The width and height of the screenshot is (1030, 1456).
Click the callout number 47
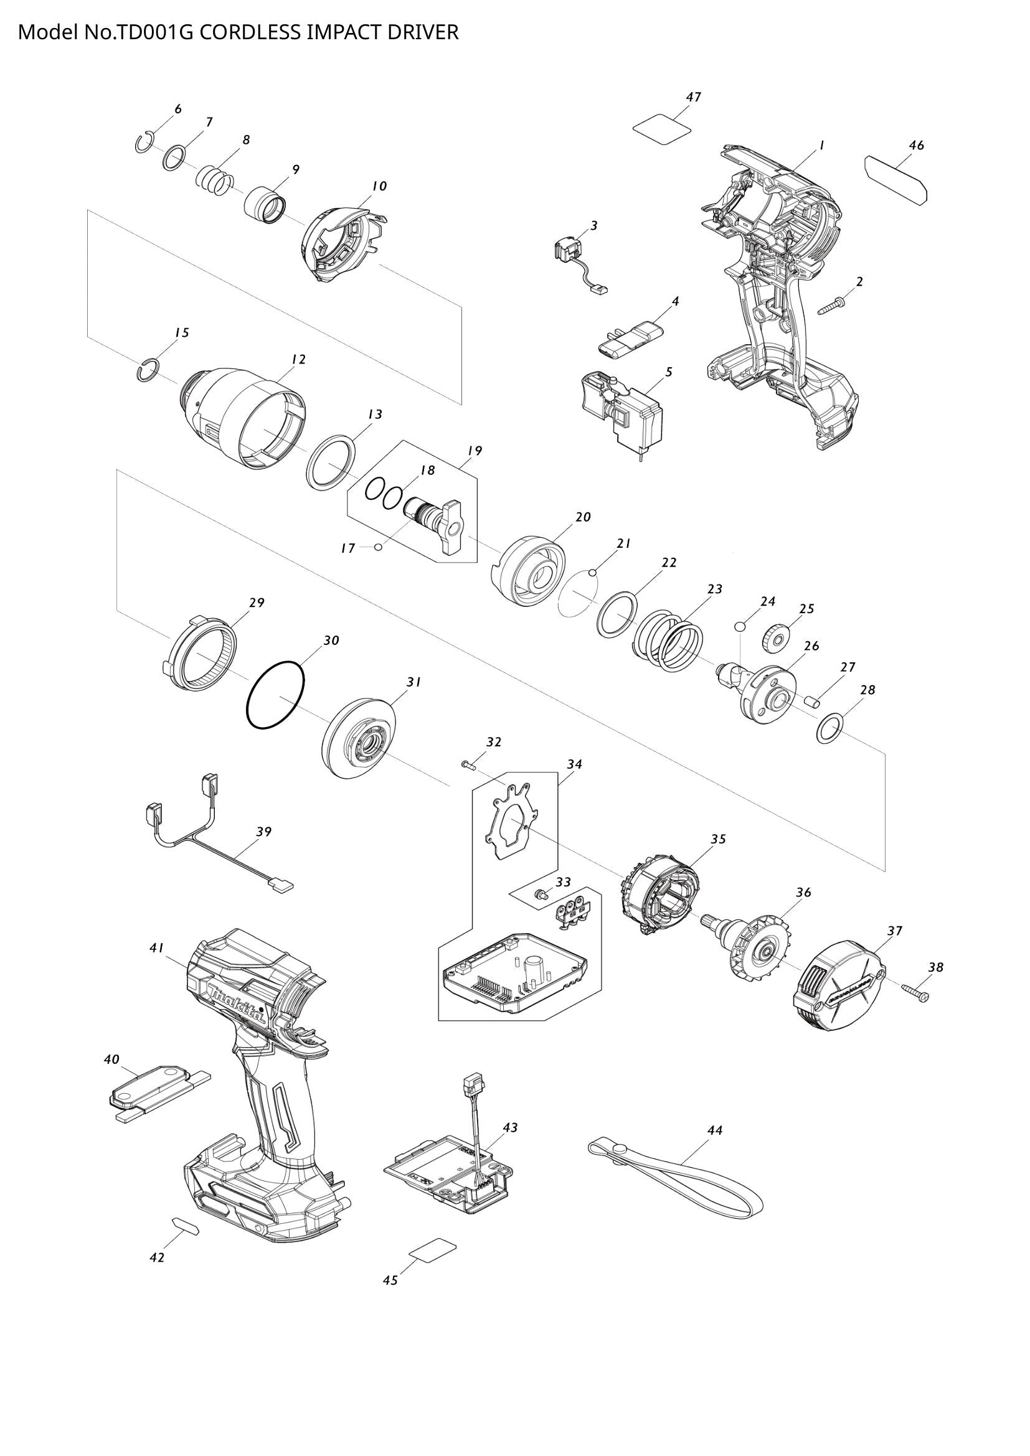click(693, 97)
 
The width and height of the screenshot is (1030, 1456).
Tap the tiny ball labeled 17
click(378, 548)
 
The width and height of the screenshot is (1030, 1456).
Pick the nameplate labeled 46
click(895, 180)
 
